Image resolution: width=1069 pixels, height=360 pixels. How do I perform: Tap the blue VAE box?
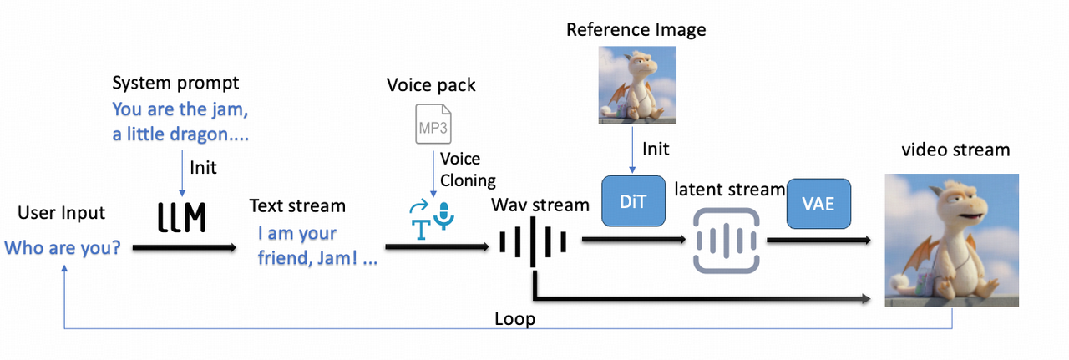(818, 203)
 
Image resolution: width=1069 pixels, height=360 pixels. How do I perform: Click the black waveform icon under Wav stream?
(533, 243)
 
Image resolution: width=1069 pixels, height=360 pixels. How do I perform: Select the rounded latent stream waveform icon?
(725, 241)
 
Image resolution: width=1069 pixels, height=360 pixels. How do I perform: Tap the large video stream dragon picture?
(951, 240)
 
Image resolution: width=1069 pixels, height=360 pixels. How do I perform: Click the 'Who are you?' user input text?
(62, 247)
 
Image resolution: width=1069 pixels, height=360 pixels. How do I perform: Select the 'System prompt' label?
(175, 83)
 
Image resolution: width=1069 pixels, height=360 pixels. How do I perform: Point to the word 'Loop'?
(514, 319)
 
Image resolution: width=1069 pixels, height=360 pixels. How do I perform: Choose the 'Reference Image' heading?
(636, 30)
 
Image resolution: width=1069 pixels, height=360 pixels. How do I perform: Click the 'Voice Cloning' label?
(468, 169)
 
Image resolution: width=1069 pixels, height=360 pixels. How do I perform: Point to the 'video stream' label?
(955, 150)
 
